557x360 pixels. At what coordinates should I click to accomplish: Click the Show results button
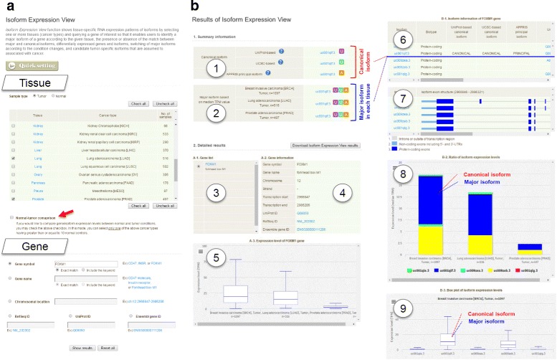(x=85, y=347)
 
